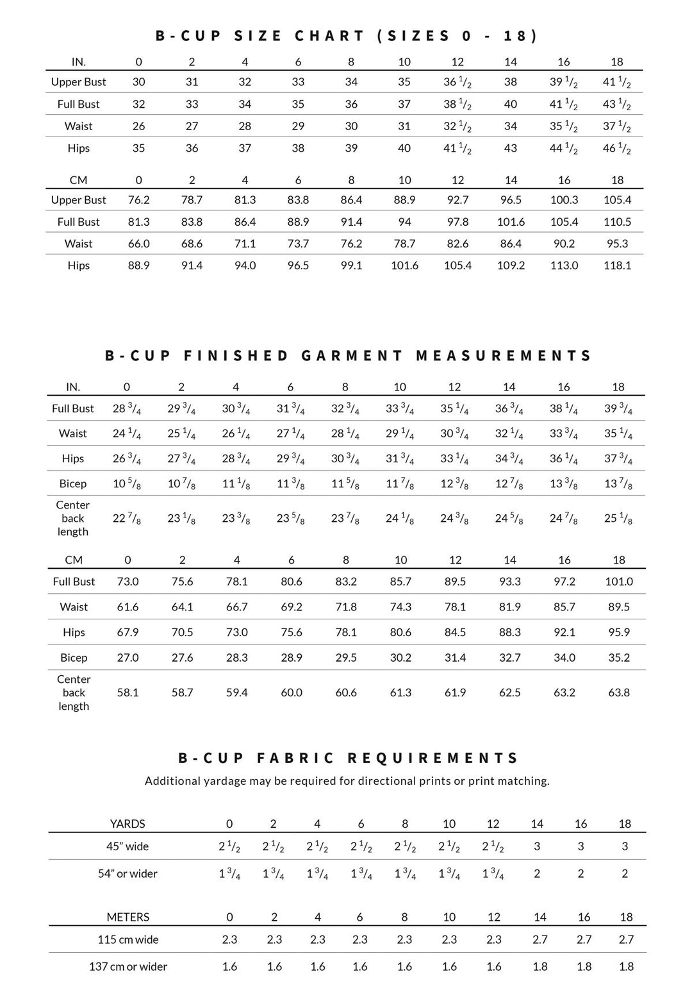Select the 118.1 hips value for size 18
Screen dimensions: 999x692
(x=617, y=265)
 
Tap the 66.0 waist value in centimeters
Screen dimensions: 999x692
(x=138, y=244)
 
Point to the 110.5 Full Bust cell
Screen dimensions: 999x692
(x=617, y=222)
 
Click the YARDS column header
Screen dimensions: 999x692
(x=128, y=824)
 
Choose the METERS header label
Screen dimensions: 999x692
(x=128, y=917)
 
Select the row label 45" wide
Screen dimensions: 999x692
(x=128, y=846)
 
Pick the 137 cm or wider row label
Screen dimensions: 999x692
(x=128, y=966)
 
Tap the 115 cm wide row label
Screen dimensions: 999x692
(x=128, y=939)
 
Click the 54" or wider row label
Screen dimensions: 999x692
(x=128, y=873)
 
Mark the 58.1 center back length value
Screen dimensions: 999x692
(x=128, y=693)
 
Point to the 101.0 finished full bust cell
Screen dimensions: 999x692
(x=618, y=582)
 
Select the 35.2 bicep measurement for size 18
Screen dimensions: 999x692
(x=618, y=658)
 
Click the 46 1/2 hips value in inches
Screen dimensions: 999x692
(x=616, y=149)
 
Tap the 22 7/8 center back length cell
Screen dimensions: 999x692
(x=127, y=518)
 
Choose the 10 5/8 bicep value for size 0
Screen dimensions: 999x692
(x=127, y=484)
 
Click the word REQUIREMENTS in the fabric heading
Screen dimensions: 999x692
(x=433, y=758)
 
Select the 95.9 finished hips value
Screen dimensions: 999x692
(x=618, y=632)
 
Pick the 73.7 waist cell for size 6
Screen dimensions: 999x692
(x=298, y=244)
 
